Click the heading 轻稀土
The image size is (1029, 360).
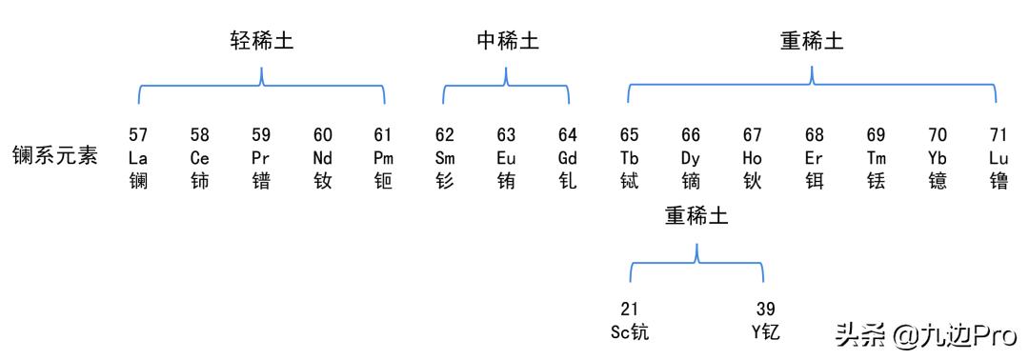[261, 43]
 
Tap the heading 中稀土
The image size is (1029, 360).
[508, 43]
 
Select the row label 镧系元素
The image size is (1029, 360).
[55, 156]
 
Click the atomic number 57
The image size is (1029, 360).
[138, 135]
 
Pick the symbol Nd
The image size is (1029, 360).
[323, 157]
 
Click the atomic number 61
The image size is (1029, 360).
[384, 135]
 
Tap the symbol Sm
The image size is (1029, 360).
[445, 157]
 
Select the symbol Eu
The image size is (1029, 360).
[506, 157]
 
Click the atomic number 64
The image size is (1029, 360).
[568, 135]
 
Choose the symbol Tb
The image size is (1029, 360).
[630, 157]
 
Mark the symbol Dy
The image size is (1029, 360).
[691, 157]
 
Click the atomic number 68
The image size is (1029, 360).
[814, 135]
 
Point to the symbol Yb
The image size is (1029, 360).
[938, 157]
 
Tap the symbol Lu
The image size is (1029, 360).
[998, 157]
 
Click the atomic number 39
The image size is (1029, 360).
[765, 310]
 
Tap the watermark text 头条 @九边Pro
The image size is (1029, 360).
[927, 334]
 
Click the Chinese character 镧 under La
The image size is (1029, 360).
[138, 179]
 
